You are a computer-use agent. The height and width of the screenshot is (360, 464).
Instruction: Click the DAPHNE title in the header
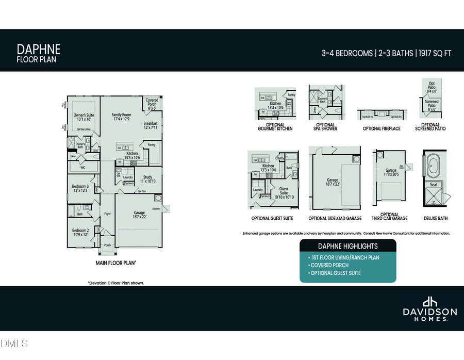click(x=39, y=49)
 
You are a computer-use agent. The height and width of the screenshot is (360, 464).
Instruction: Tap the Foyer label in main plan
click(x=108, y=214)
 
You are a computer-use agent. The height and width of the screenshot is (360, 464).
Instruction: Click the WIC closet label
click(x=82, y=167)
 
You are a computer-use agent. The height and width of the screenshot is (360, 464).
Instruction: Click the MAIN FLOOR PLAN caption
click(x=116, y=263)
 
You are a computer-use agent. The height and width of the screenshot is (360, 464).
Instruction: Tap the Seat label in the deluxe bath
click(x=434, y=185)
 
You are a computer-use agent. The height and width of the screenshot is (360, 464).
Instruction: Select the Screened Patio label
click(x=432, y=104)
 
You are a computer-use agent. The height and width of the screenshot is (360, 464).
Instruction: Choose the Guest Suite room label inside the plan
click(x=284, y=192)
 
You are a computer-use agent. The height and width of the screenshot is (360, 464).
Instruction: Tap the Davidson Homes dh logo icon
click(x=429, y=302)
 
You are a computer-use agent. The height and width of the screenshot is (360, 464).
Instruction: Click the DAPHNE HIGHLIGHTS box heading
click(x=347, y=246)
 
